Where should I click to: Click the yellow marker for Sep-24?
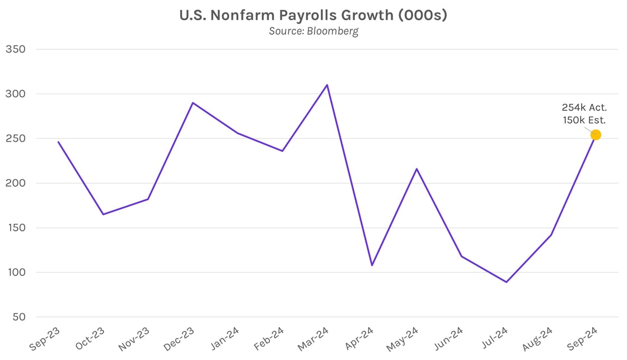[596, 135]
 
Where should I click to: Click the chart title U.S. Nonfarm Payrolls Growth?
[313, 15]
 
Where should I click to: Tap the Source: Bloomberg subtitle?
[313, 31]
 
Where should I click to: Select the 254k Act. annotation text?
[584, 107]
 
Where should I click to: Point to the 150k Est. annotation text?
[584, 119]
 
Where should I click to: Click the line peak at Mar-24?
[327, 85]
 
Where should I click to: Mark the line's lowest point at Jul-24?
[506, 282]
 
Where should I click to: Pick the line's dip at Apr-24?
[372, 265]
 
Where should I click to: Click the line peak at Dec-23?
[193, 102]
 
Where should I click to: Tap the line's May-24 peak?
[417, 169]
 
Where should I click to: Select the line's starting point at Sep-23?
[58, 142]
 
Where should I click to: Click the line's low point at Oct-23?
[103, 214]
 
